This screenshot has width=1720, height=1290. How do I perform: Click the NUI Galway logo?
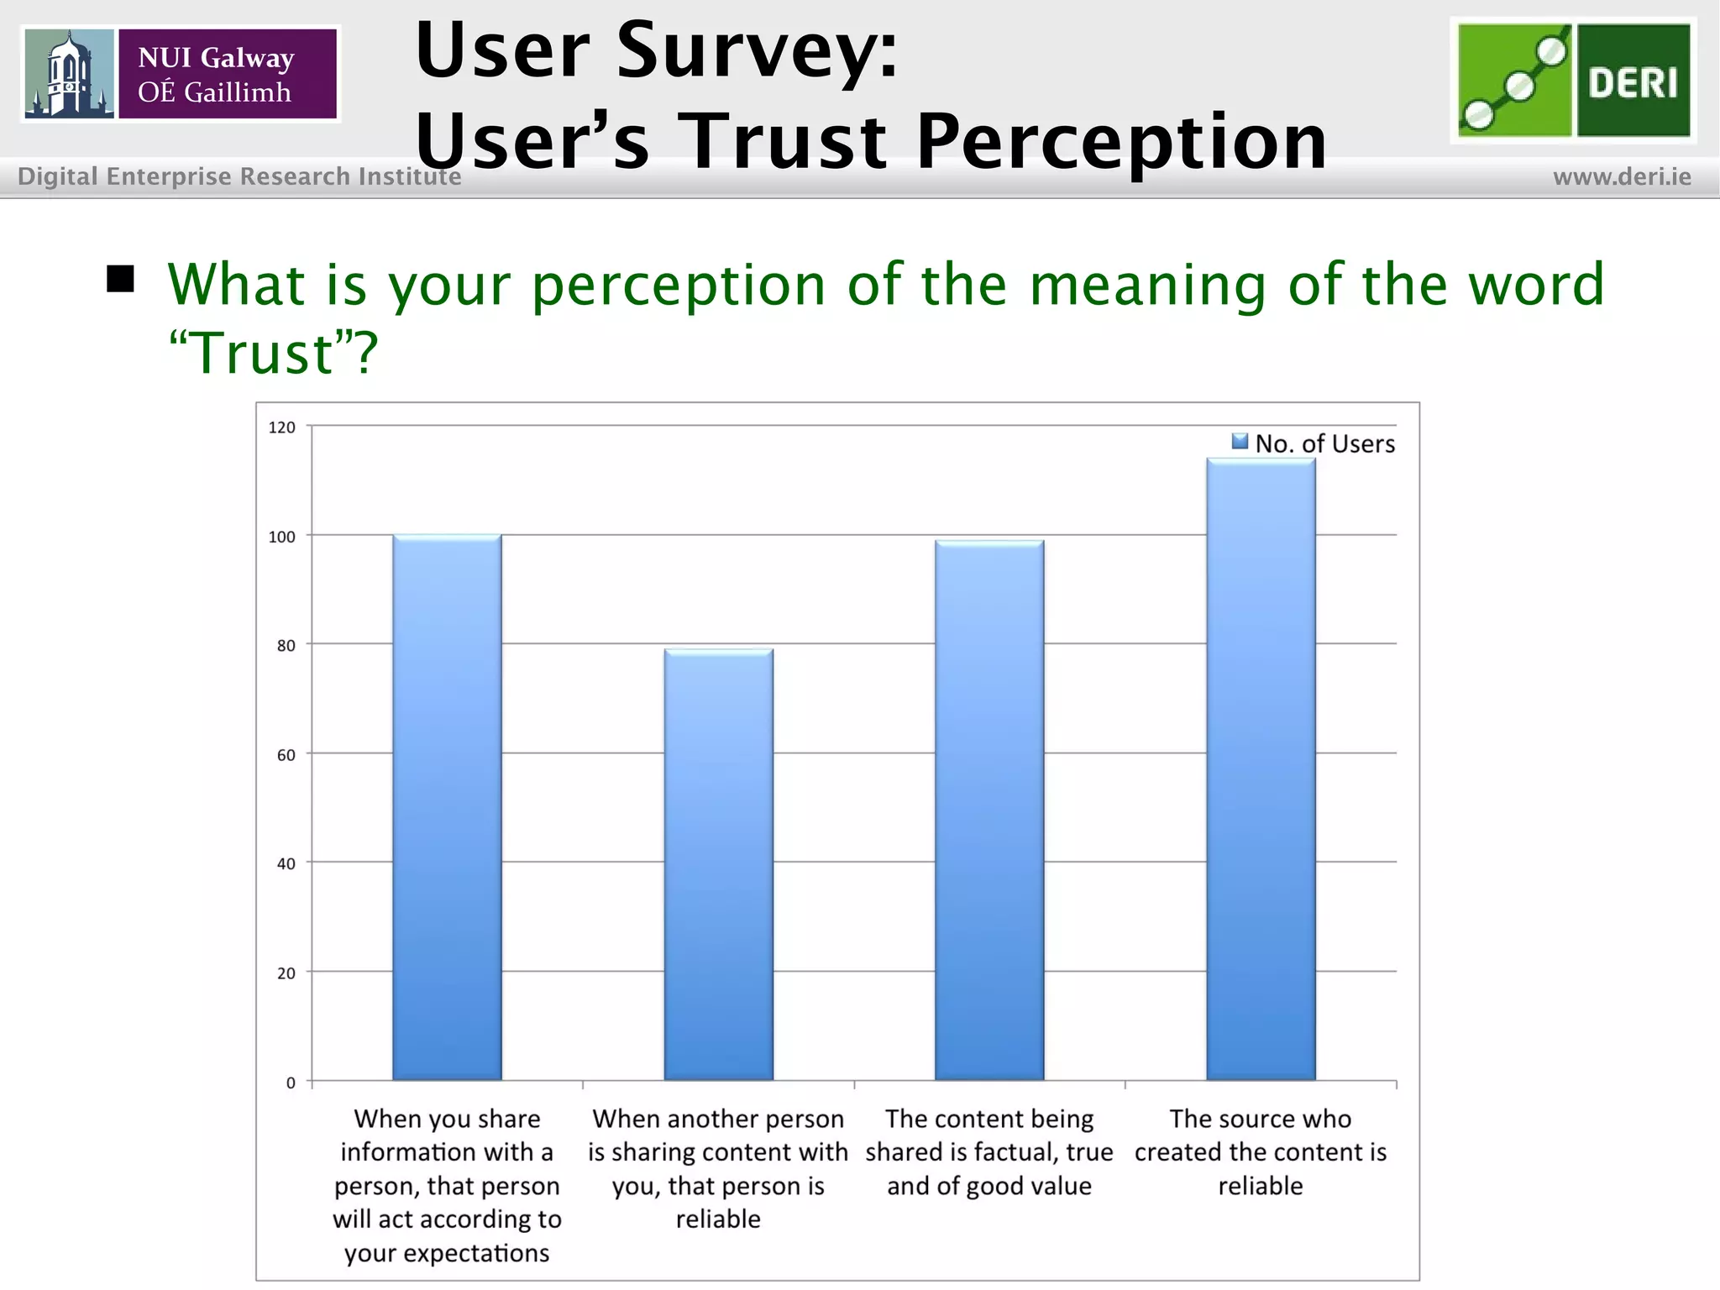click(181, 74)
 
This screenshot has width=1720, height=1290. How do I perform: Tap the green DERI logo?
click(1573, 81)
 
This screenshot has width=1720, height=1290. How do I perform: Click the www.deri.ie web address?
click(1622, 177)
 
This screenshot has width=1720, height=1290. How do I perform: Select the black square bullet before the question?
click(121, 280)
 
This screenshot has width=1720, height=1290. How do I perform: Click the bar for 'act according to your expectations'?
click(447, 807)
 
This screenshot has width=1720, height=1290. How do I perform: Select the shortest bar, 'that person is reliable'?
click(718, 864)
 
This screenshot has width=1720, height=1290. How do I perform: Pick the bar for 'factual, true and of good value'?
click(989, 810)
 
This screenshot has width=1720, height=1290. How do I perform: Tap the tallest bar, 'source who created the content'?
click(1261, 769)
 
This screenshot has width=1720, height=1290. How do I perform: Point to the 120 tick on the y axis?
click(282, 427)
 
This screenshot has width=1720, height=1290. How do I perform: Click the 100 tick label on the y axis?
click(282, 537)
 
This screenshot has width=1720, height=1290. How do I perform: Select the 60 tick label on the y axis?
click(286, 755)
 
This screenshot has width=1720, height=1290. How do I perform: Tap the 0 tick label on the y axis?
click(291, 1083)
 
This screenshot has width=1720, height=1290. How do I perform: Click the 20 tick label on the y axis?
click(286, 973)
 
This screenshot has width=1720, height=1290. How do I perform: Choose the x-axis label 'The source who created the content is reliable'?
click(1261, 1151)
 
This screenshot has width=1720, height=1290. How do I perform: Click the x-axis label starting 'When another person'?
click(718, 1168)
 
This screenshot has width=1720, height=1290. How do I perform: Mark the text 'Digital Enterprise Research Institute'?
click(239, 176)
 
